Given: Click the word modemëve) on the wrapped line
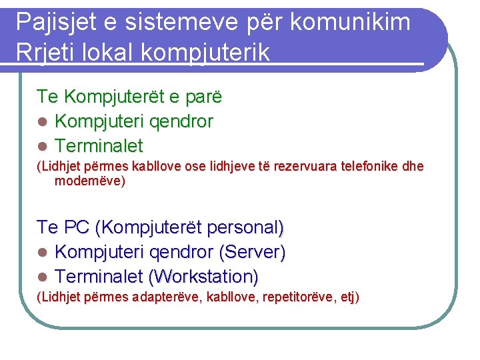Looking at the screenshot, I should [x=89, y=181].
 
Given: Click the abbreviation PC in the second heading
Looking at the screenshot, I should [x=77, y=228].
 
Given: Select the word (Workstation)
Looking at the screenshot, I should [x=203, y=276].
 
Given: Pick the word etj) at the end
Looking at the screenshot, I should [x=347, y=297].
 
